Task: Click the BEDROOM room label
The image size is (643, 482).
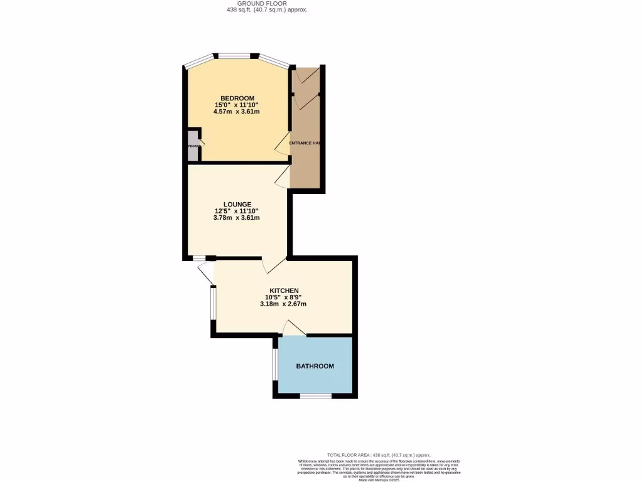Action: [237, 98]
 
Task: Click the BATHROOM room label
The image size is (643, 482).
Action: [315, 366]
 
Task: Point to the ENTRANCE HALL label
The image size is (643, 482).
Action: [305, 143]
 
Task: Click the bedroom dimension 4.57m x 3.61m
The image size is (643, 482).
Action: [237, 112]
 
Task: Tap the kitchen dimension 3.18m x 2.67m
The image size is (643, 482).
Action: [283, 304]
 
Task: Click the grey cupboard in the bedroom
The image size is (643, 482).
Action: [192, 146]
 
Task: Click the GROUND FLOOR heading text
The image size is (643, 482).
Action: [267, 3]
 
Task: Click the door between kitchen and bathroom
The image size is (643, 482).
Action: [293, 328]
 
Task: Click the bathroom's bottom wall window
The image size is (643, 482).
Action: [315, 396]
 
